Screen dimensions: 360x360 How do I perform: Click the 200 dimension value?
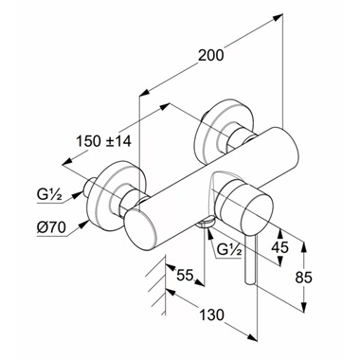[210, 56]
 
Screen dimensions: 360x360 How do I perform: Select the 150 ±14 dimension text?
[103, 141]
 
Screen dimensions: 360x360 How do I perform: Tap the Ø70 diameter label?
[51, 227]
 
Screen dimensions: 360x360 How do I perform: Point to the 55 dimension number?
[185, 275]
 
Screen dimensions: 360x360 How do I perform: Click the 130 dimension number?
[211, 315]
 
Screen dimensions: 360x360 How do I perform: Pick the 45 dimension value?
[280, 247]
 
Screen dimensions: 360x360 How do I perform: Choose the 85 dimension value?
[304, 278]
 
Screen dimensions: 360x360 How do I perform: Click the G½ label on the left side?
[49, 197]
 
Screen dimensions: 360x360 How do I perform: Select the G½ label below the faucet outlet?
[229, 250]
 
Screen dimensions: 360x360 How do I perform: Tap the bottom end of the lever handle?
[249, 283]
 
